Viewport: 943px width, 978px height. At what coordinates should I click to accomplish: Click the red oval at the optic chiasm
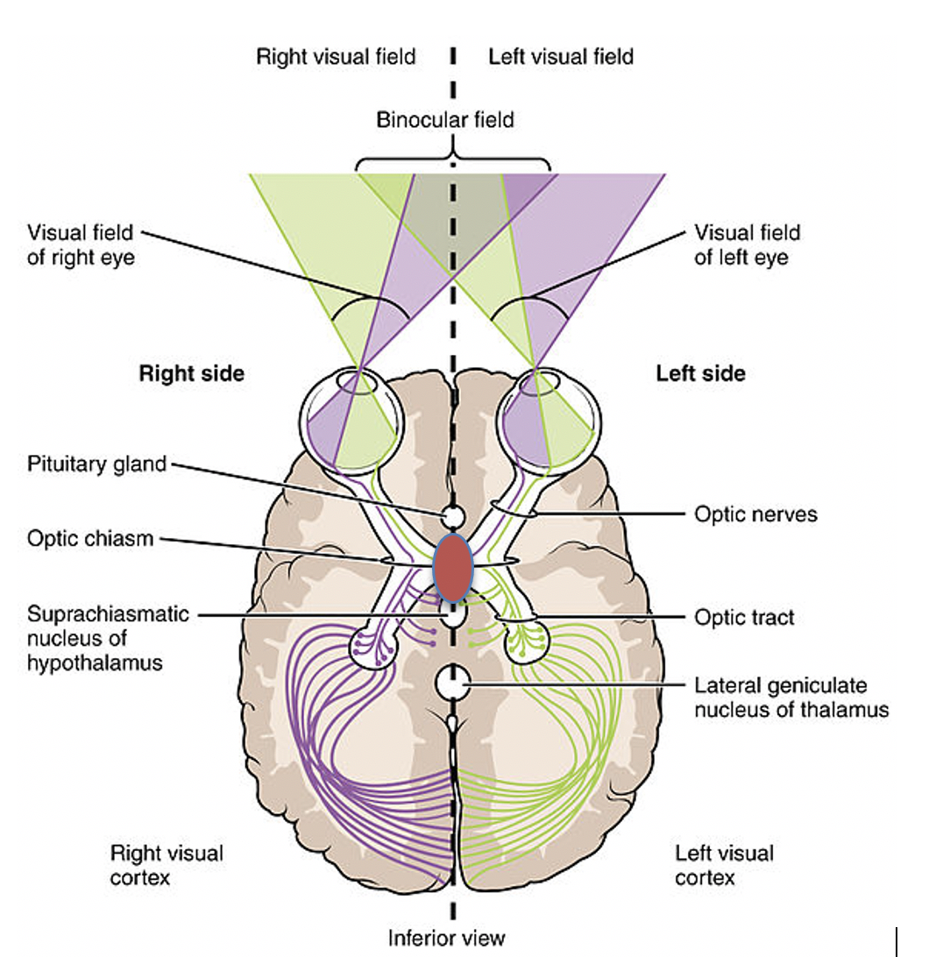pyautogui.click(x=453, y=567)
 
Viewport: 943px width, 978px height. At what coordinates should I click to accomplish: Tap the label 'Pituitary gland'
pyautogui.click(x=96, y=464)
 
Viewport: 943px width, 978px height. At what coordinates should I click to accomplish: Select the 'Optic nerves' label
pyautogui.click(x=755, y=514)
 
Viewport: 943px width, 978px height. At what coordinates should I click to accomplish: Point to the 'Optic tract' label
pyautogui.click(x=744, y=618)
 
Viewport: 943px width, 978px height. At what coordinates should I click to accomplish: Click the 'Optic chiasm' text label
pyautogui.click(x=90, y=539)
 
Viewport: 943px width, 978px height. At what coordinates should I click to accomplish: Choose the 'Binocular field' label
pyautogui.click(x=445, y=120)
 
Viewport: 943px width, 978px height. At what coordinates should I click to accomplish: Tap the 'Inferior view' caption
pyautogui.click(x=447, y=939)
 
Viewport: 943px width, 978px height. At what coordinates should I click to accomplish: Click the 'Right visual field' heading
pyautogui.click(x=336, y=58)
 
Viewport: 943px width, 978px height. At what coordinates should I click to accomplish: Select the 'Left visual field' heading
pyautogui.click(x=561, y=58)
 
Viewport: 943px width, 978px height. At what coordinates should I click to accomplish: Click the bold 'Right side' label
pyautogui.click(x=192, y=373)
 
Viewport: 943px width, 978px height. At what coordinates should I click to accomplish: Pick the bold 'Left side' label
pyautogui.click(x=701, y=373)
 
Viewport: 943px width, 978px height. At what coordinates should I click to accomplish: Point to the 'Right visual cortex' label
pyautogui.click(x=167, y=864)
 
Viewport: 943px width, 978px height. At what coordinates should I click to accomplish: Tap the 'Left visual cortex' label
pyautogui.click(x=725, y=864)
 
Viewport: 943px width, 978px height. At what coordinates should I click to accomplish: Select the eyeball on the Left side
pyautogui.click(x=548, y=419)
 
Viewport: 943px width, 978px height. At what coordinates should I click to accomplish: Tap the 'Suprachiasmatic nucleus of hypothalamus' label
pyautogui.click(x=108, y=638)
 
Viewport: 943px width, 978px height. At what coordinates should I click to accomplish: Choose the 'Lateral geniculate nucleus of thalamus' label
pyautogui.click(x=791, y=698)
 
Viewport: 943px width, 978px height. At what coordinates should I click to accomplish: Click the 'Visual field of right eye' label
pyautogui.click(x=81, y=245)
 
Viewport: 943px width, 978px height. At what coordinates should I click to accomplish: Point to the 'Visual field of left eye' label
pyautogui.click(x=748, y=245)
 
